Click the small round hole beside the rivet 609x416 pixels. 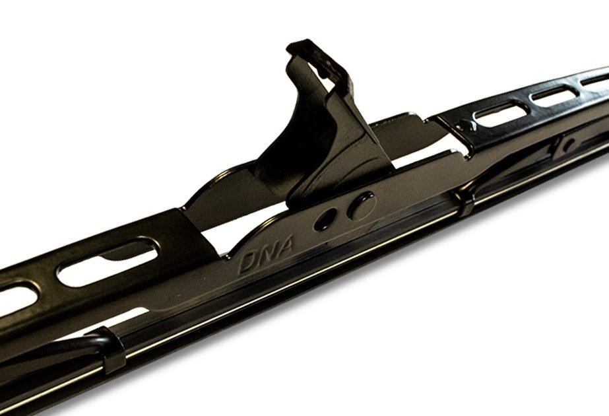[325, 219]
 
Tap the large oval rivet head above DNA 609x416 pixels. [362, 205]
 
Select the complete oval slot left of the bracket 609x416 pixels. [108, 261]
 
